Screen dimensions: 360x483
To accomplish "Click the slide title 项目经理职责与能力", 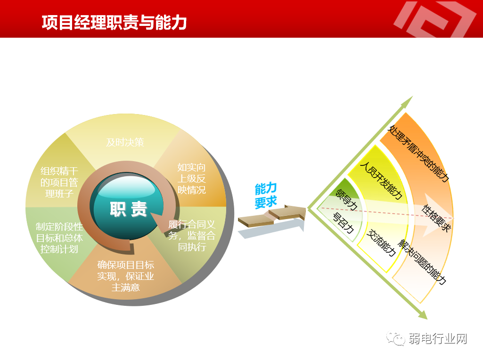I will click(x=114, y=22).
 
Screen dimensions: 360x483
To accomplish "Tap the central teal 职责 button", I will click(x=128, y=209).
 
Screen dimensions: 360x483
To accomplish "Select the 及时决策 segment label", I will click(x=124, y=142).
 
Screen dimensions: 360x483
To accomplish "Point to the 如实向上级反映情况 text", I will click(x=191, y=179).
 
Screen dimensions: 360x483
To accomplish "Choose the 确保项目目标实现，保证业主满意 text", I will click(x=125, y=276).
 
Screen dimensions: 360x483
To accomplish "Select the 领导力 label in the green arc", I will click(x=346, y=199).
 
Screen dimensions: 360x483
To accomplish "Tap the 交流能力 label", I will click(x=381, y=243).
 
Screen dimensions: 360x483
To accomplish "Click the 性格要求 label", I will click(x=436, y=218).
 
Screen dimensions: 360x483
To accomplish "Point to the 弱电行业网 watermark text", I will click(x=439, y=338).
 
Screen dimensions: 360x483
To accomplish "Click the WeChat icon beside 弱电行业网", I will click(x=395, y=338).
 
